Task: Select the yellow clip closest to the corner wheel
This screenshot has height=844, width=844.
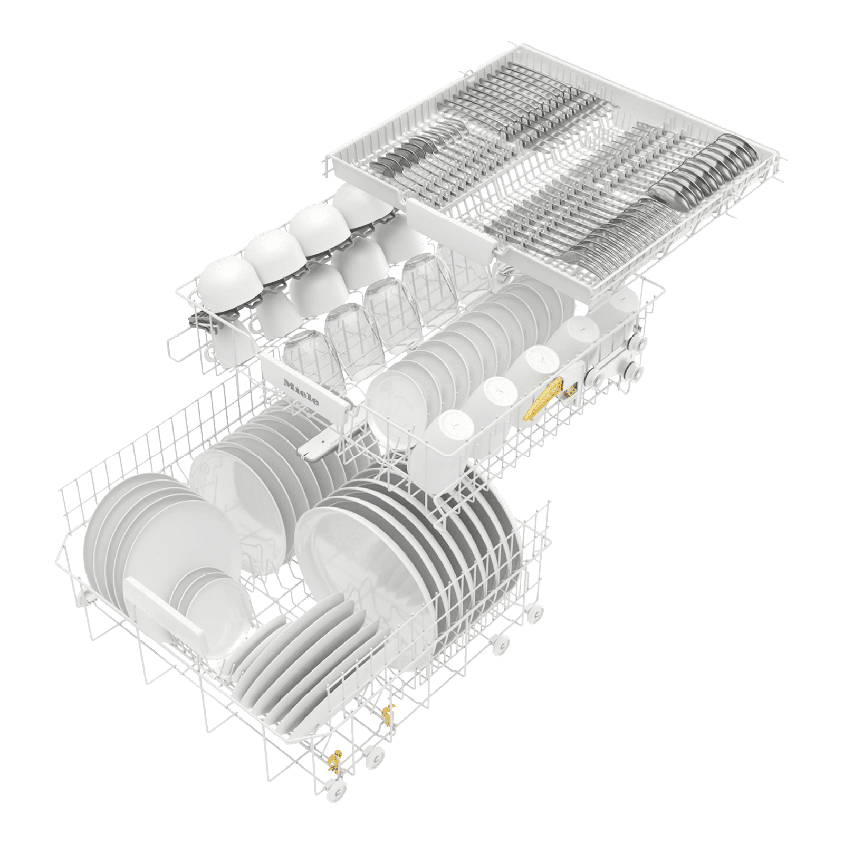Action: click(334, 760)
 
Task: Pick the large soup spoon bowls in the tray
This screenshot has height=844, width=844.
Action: click(702, 169)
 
